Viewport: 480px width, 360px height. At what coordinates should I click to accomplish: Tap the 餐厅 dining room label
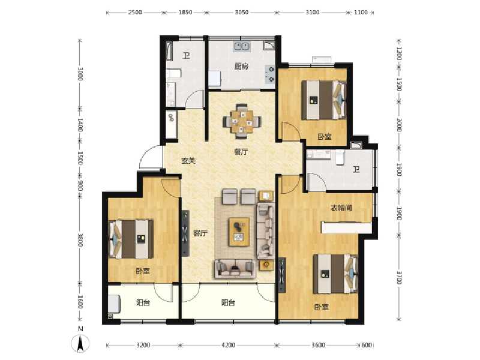click(241, 152)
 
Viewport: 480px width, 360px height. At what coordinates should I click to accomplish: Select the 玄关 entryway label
click(188, 161)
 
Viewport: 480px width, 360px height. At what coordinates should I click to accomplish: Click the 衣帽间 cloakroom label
click(340, 208)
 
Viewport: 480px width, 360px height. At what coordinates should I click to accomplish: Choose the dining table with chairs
click(242, 119)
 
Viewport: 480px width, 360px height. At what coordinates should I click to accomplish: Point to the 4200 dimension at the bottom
click(227, 346)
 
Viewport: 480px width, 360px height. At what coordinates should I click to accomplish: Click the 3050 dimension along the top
click(241, 13)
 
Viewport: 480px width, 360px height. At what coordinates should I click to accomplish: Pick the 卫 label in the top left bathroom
click(186, 56)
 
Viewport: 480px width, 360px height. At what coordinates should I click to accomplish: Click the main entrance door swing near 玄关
click(150, 159)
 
